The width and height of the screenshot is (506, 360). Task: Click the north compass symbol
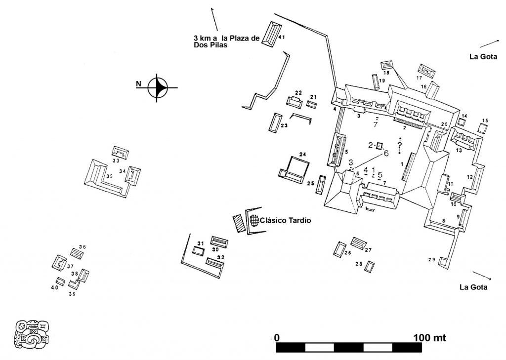point(159,88)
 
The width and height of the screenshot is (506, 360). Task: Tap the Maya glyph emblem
point(32,334)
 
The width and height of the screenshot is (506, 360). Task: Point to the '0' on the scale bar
point(277,338)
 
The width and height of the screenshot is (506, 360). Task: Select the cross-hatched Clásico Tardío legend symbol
point(254,220)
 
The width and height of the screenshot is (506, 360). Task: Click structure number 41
point(271,34)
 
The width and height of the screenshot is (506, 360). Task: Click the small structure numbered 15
point(483,128)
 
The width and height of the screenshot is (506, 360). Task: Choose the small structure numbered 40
point(60,281)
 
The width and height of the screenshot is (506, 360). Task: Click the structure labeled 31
point(198,251)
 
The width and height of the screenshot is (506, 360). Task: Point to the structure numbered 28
point(369,267)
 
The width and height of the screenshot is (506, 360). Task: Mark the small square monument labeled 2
point(379,146)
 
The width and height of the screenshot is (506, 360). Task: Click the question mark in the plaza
point(399,144)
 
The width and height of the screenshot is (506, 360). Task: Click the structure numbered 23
point(275,122)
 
